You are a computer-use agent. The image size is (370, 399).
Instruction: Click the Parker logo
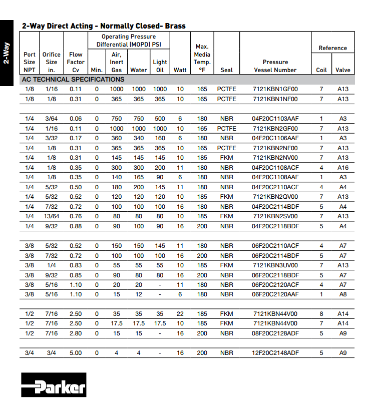53,385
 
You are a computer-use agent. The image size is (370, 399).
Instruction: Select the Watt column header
180,70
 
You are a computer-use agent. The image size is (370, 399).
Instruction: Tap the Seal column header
227,70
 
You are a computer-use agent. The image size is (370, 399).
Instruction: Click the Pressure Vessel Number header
275,66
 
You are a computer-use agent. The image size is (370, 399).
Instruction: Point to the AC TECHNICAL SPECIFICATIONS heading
73,80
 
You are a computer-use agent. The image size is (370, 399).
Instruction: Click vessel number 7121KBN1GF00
275,89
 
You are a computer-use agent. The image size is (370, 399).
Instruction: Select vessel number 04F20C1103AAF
275,119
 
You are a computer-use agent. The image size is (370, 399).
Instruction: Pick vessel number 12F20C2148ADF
275,353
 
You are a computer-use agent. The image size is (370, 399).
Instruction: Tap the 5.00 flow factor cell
76,353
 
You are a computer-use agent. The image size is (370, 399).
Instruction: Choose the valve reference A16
342,168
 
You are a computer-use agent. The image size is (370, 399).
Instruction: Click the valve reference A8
342,294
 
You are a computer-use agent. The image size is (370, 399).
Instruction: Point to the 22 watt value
180,314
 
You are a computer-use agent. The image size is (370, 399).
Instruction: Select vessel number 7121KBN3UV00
275,265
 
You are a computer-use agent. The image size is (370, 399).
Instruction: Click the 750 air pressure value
116,119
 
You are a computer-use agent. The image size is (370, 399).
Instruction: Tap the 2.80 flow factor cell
76,333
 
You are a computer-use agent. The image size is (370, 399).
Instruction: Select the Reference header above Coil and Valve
332,48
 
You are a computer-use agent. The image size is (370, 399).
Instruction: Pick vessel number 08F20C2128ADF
275,333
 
